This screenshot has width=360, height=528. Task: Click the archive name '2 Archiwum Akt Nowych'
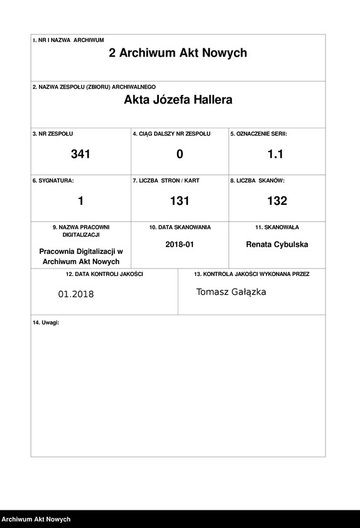178,53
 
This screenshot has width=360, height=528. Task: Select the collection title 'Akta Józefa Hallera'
178,100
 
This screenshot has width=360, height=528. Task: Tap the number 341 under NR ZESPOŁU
80,154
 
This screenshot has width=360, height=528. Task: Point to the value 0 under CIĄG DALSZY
180,154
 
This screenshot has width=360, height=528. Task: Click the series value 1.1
275,154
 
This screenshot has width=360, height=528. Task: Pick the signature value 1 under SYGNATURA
80,201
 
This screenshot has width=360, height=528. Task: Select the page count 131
180,201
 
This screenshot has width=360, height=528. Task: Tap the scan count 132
277,201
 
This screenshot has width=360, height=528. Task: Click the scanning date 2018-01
180,245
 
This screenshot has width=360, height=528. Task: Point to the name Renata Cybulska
277,245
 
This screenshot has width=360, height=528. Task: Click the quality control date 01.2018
75,294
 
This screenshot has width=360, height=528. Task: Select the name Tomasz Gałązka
231,292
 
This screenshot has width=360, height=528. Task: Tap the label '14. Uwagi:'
46,322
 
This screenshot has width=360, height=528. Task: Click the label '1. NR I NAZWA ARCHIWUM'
68,40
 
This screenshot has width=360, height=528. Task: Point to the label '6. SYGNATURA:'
53,180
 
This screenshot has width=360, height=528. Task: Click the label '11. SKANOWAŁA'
276,227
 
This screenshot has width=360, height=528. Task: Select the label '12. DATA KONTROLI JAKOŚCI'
104,274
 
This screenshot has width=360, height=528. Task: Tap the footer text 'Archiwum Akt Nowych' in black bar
36,519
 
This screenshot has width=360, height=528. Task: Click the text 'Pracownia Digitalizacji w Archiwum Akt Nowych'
80,256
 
